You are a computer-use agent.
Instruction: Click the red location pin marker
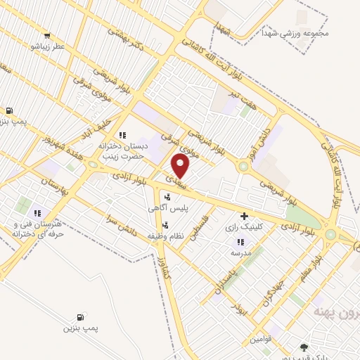tap(181, 166)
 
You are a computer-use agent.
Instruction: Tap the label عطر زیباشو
tap(46, 46)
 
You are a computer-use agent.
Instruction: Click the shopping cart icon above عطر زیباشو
tap(46, 36)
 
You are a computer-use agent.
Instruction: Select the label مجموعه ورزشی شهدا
tap(286, 33)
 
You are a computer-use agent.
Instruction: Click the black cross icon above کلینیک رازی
tap(245, 216)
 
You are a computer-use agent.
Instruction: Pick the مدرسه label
tap(241, 252)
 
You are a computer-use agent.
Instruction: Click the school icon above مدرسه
tap(241, 242)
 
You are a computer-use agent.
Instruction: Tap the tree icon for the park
tap(304, 347)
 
